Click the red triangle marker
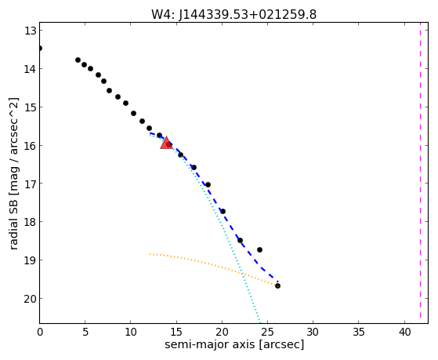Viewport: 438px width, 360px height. [x=166, y=144]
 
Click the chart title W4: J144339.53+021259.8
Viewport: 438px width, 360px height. [x=233, y=15]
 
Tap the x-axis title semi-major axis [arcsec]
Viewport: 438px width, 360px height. [x=234, y=344]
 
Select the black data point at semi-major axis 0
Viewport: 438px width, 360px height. [x=40, y=49]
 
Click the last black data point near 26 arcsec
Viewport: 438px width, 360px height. [x=277, y=285]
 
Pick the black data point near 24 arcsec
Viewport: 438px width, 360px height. [x=260, y=249]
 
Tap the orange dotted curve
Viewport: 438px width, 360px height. [x=214, y=265]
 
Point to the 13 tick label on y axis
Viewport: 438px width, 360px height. [x=31, y=31]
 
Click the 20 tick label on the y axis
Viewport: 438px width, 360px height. [x=31, y=299]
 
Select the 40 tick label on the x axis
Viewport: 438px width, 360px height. [x=404, y=332]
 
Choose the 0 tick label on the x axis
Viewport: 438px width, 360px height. [x=40, y=332]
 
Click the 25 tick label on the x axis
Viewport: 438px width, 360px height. [x=267, y=332]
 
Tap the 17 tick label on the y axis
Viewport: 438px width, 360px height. [x=31, y=184]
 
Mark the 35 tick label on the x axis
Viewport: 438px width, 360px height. [x=359, y=332]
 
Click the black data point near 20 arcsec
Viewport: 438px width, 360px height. [x=223, y=211]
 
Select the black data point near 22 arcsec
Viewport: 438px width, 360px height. [x=240, y=240]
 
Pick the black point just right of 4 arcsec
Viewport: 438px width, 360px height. [x=78, y=60]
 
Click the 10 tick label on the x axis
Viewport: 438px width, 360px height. [x=131, y=332]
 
